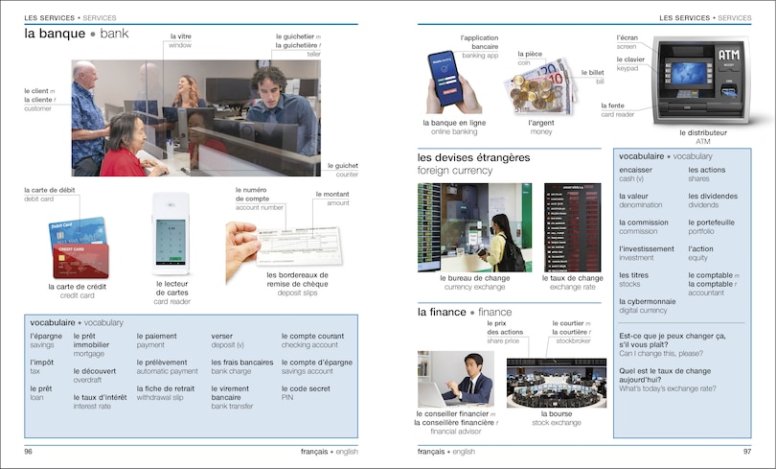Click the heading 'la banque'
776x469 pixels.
(x=56, y=34)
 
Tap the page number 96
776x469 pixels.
(x=29, y=451)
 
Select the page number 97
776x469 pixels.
(x=746, y=451)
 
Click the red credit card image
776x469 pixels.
(x=82, y=260)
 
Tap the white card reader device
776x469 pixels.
(x=171, y=233)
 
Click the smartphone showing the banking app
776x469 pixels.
(x=445, y=74)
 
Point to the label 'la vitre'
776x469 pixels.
(x=180, y=36)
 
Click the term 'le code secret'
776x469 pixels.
(x=305, y=388)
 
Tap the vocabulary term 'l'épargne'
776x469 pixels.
(x=45, y=337)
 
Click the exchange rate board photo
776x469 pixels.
(x=572, y=227)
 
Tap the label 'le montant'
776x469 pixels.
(x=331, y=194)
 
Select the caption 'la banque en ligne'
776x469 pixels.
(x=453, y=123)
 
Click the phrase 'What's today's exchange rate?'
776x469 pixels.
(x=668, y=389)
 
